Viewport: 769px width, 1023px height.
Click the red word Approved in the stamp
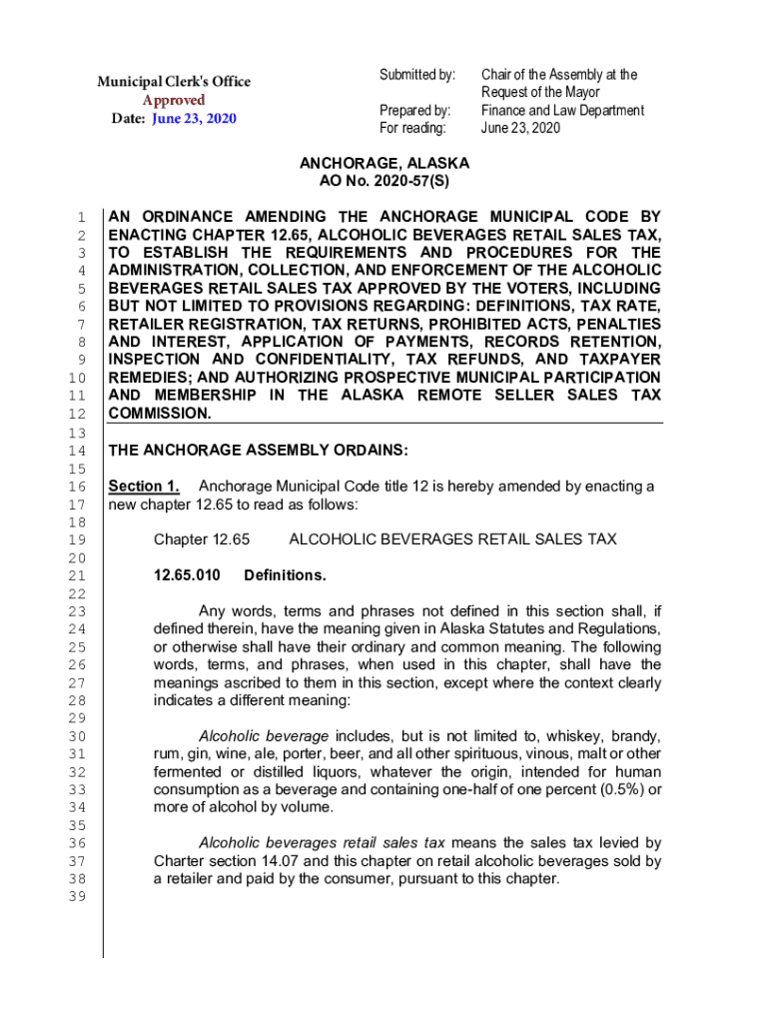coord(174,100)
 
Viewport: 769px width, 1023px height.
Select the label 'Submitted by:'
coord(416,75)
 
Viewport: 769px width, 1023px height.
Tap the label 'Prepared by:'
coord(415,111)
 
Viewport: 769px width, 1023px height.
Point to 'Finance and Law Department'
coord(562,111)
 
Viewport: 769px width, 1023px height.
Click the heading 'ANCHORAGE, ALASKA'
coord(384,164)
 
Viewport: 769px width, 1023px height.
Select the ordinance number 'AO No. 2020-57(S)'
coord(384,182)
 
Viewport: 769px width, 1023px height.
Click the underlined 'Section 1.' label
coord(144,487)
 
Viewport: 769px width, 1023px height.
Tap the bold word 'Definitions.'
coord(285,575)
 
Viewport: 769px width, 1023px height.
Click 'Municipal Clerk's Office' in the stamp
coord(174,82)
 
